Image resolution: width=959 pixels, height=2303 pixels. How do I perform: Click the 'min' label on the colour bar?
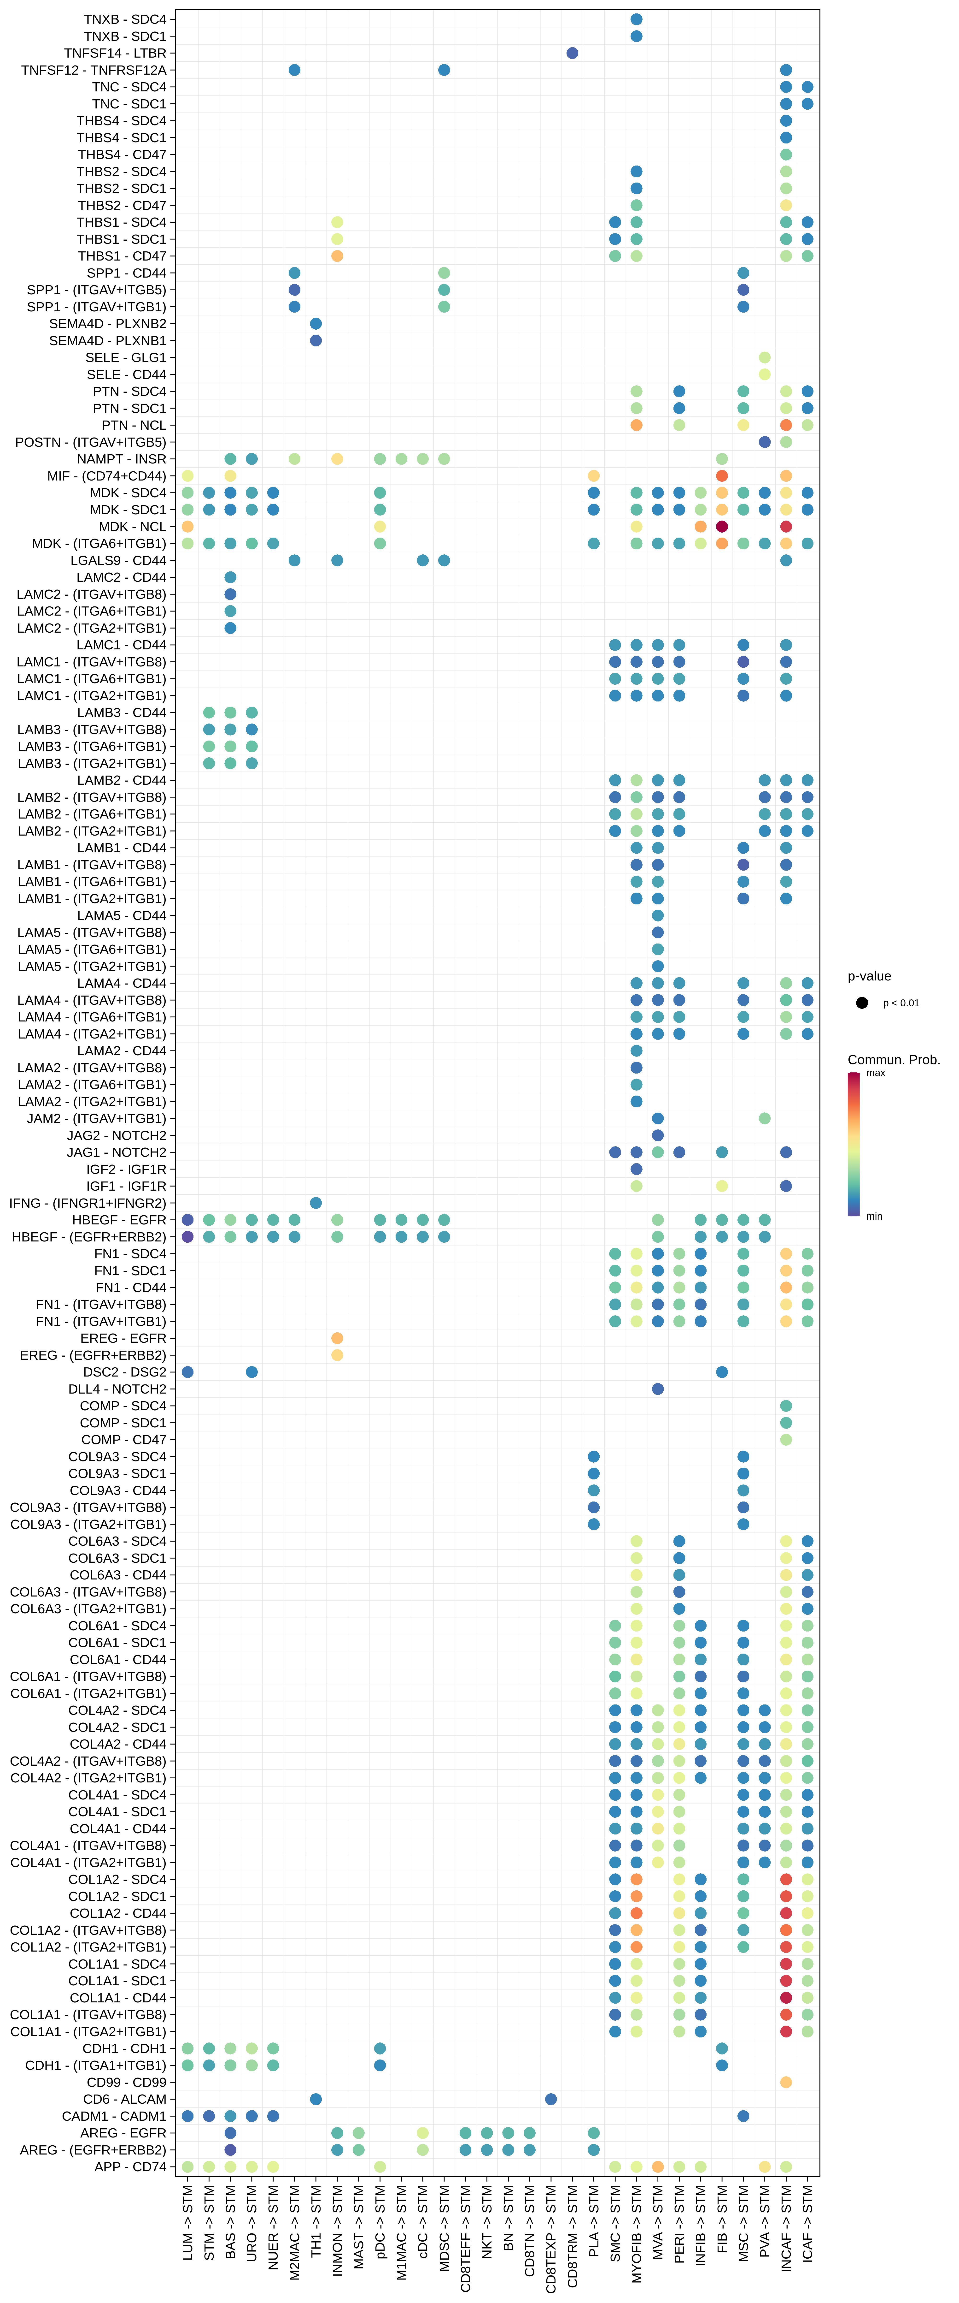point(874,1216)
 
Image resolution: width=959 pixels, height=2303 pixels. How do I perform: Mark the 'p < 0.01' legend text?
point(901,1003)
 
